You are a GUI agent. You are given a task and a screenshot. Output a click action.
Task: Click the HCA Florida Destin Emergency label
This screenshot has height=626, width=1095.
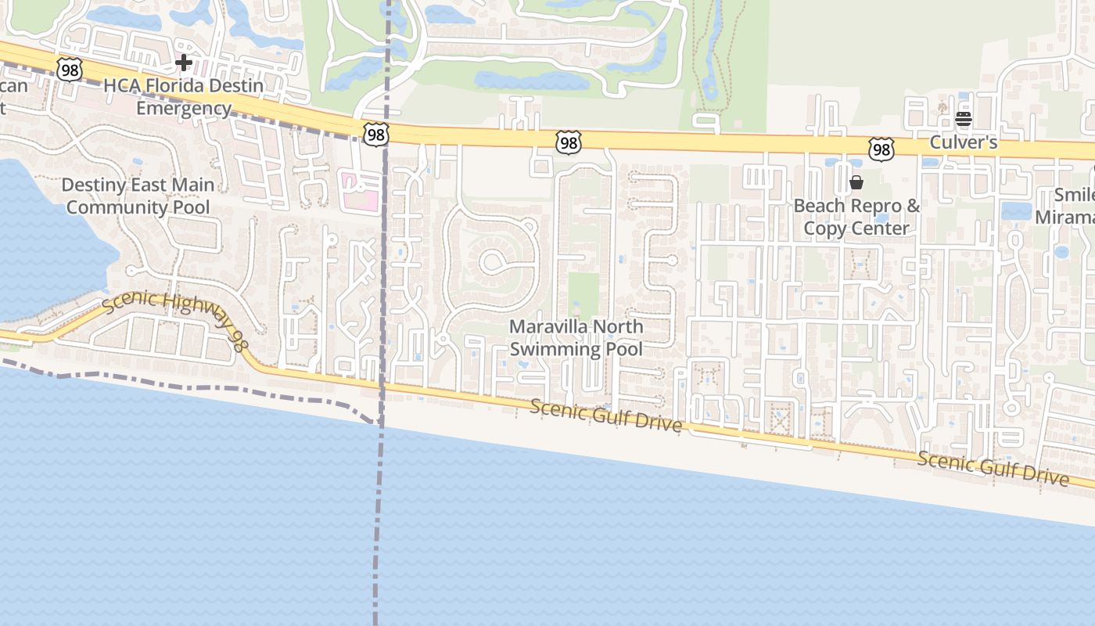click(x=184, y=97)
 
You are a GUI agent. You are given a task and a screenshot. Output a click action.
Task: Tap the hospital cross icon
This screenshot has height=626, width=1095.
click(x=184, y=62)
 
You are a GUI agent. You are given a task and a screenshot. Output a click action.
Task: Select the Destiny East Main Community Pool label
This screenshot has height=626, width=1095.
click(x=138, y=196)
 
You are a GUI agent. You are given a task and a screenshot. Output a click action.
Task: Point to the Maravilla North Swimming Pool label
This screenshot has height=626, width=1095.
click(x=576, y=337)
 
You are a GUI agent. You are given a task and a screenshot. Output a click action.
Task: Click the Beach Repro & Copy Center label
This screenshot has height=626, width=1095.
click(x=856, y=217)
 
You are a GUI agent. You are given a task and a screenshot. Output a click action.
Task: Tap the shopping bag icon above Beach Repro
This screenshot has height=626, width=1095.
click(x=856, y=182)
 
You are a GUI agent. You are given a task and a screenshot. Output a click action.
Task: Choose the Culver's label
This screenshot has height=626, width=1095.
click(x=963, y=142)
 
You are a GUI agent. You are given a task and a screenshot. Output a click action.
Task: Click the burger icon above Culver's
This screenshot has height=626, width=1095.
click(x=963, y=119)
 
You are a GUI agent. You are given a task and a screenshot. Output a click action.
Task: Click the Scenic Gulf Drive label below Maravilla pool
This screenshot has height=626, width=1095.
click(x=605, y=416)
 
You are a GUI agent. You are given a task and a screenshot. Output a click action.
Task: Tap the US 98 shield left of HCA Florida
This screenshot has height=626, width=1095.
click(x=70, y=70)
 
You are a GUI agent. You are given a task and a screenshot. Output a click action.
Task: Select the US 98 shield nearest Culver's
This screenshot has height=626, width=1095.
click(x=881, y=149)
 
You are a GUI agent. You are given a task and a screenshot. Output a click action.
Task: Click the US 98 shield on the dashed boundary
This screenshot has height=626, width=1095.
click(x=376, y=135)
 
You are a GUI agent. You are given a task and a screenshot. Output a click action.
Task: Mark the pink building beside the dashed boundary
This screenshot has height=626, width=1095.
click(x=361, y=192)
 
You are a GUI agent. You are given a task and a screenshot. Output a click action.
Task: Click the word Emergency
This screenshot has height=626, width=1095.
click(x=184, y=108)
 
